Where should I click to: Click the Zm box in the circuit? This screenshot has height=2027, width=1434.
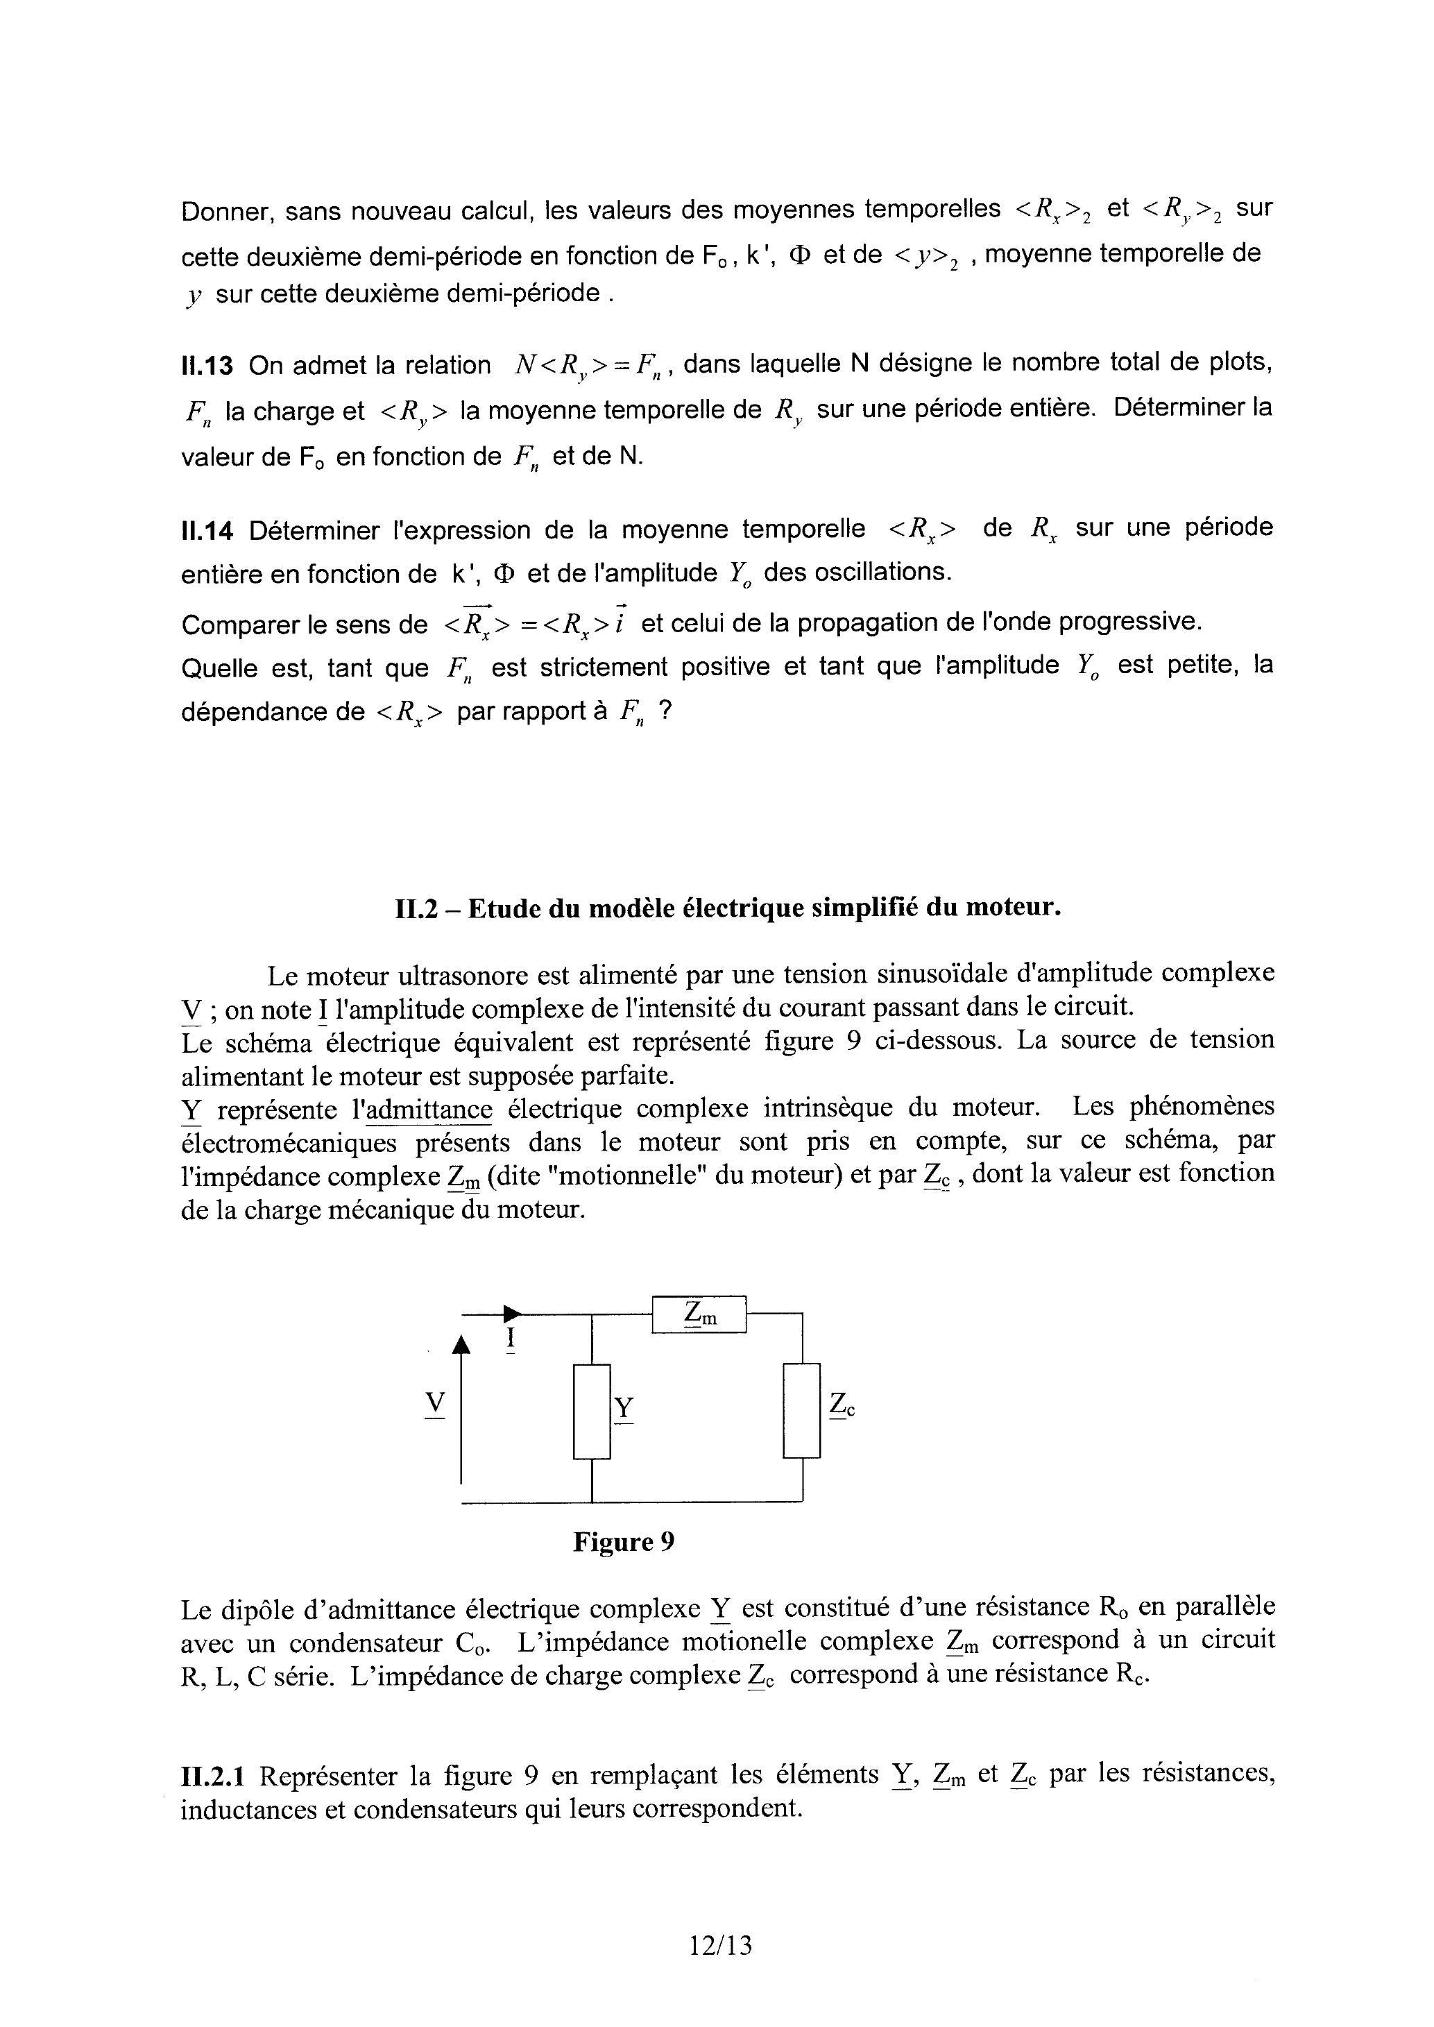(x=699, y=1314)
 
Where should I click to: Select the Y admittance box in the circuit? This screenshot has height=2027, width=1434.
(x=592, y=1411)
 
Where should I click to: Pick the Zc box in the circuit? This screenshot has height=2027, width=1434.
(x=802, y=1411)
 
